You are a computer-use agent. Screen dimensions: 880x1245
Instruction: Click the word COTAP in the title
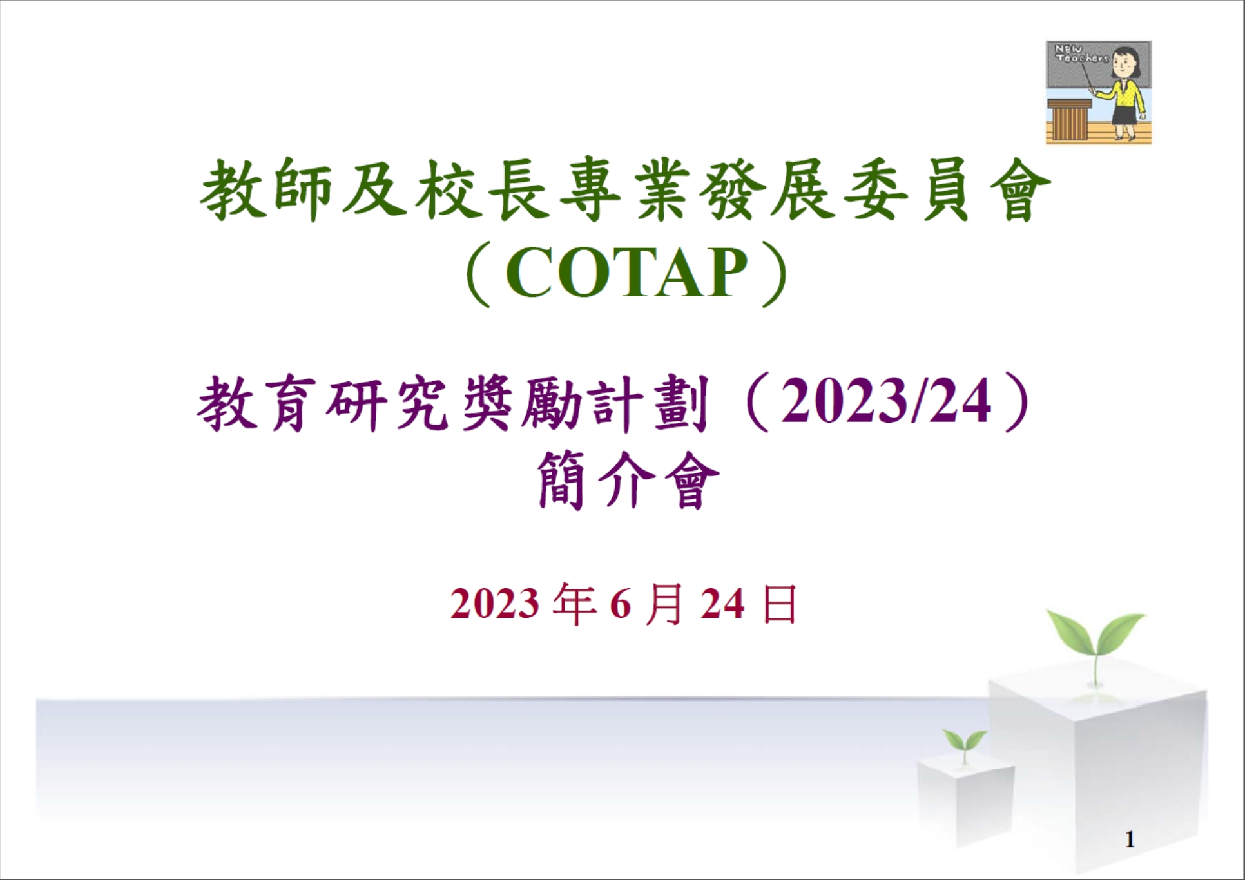[626, 273]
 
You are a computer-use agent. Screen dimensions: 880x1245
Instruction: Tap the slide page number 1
[1129, 839]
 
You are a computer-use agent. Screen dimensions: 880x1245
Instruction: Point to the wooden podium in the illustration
[1069, 120]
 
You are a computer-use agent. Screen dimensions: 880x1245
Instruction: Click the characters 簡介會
[628, 480]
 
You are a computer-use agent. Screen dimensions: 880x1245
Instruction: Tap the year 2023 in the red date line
[494, 604]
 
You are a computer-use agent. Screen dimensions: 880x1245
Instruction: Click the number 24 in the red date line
[722, 604]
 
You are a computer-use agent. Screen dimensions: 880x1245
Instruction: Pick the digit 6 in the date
[619, 604]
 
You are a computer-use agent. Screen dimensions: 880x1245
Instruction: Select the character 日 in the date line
[779, 604]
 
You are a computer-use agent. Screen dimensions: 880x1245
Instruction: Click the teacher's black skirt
[1125, 115]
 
